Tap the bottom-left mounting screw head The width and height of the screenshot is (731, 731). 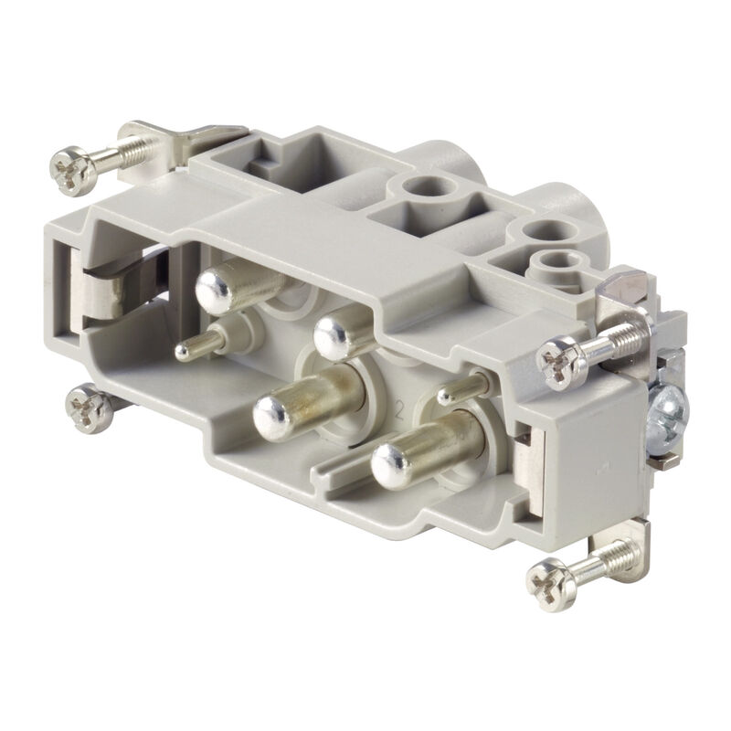click(90, 408)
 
